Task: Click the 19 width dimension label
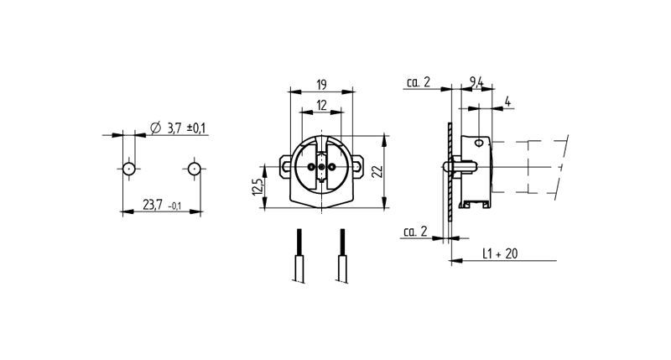[x=321, y=84]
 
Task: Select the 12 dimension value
[x=321, y=105]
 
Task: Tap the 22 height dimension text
[x=377, y=171]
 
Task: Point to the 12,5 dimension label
[x=257, y=187]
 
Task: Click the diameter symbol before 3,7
[x=156, y=128]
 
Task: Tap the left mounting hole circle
[x=129, y=169]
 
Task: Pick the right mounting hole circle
[x=195, y=169]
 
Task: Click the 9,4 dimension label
[x=476, y=81]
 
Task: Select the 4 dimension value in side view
[x=507, y=102]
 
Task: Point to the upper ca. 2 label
[x=418, y=81]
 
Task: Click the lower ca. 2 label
[x=415, y=232]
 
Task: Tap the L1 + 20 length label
[x=500, y=253]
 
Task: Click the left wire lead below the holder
[x=299, y=256]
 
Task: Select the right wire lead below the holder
[x=342, y=256]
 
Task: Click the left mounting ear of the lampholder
[x=285, y=166]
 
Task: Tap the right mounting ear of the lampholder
[x=358, y=166]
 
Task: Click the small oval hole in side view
[x=479, y=143]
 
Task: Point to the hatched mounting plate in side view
[x=450, y=172]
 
